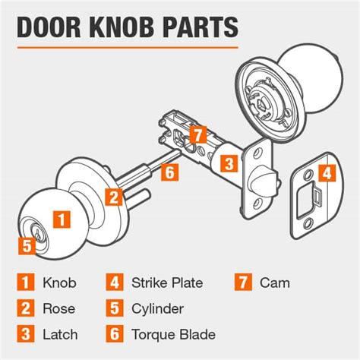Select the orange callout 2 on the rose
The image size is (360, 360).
click(x=113, y=197)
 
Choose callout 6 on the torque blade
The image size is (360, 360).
click(x=169, y=172)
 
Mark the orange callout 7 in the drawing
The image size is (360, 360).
click(x=196, y=134)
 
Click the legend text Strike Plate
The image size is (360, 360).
click(x=167, y=283)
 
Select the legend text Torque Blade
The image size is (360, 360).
click(x=172, y=333)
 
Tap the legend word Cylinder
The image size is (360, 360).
click(x=156, y=308)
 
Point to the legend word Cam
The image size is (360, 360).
click(x=274, y=283)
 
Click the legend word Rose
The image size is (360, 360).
click(x=58, y=308)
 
